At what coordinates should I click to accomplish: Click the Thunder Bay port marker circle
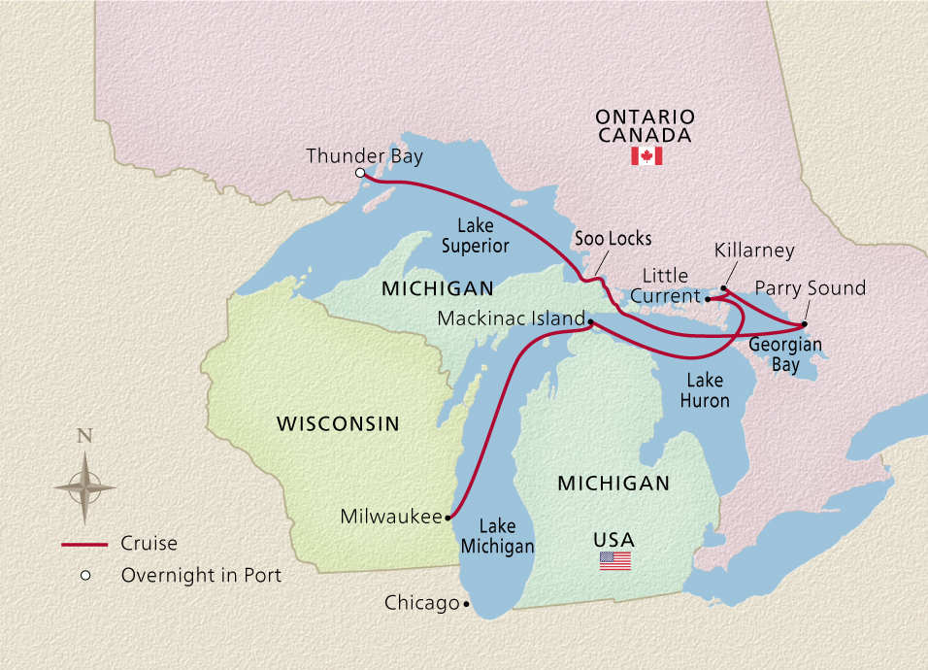pyautogui.click(x=360, y=173)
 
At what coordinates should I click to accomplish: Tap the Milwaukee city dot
pyautogui.click(x=447, y=519)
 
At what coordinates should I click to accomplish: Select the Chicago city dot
pyautogui.click(x=466, y=604)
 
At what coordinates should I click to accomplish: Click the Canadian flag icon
pyautogui.click(x=646, y=156)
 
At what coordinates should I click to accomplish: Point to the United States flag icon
pyautogui.click(x=614, y=560)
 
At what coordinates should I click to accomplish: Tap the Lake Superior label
pyautogui.click(x=476, y=236)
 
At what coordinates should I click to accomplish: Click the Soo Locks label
pyautogui.click(x=613, y=238)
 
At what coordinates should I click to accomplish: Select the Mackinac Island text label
pyautogui.click(x=511, y=318)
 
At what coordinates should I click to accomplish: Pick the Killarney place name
pyautogui.click(x=754, y=251)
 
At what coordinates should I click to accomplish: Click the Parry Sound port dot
pyautogui.click(x=805, y=323)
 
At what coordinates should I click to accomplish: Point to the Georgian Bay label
pyautogui.click(x=785, y=353)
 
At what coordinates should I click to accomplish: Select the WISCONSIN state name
pyautogui.click(x=338, y=423)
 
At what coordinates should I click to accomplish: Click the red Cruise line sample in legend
pyautogui.click(x=84, y=545)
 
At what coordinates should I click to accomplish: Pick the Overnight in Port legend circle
pyautogui.click(x=85, y=576)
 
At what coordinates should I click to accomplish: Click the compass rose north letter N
pyautogui.click(x=84, y=436)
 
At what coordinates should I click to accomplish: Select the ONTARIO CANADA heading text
pyautogui.click(x=646, y=125)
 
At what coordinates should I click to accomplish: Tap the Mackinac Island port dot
pyautogui.click(x=590, y=320)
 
